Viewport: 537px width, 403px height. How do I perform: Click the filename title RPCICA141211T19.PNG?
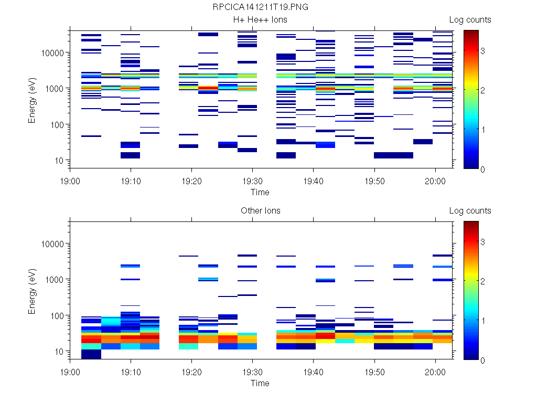pyautogui.click(x=260, y=8)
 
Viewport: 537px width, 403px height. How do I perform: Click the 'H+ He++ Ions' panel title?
pyautogui.click(x=260, y=20)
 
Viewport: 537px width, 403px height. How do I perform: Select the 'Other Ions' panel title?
pyautogui.click(x=260, y=211)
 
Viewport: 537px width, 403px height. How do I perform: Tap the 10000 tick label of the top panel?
pyautogui.click(x=52, y=53)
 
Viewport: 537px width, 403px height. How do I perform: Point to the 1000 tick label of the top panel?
pyautogui.click(x=55, y=89)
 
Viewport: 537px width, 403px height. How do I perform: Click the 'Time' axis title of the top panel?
pyautogui.click(x=260, y=192)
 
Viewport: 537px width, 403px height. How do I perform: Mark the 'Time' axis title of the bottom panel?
pyautogui.click(x=260, y=383)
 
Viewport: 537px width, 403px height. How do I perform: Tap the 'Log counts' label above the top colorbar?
pyautogui.click(x=470, y=20)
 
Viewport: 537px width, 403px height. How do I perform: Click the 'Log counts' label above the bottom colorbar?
pyautogui.click(x=470, y=211)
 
